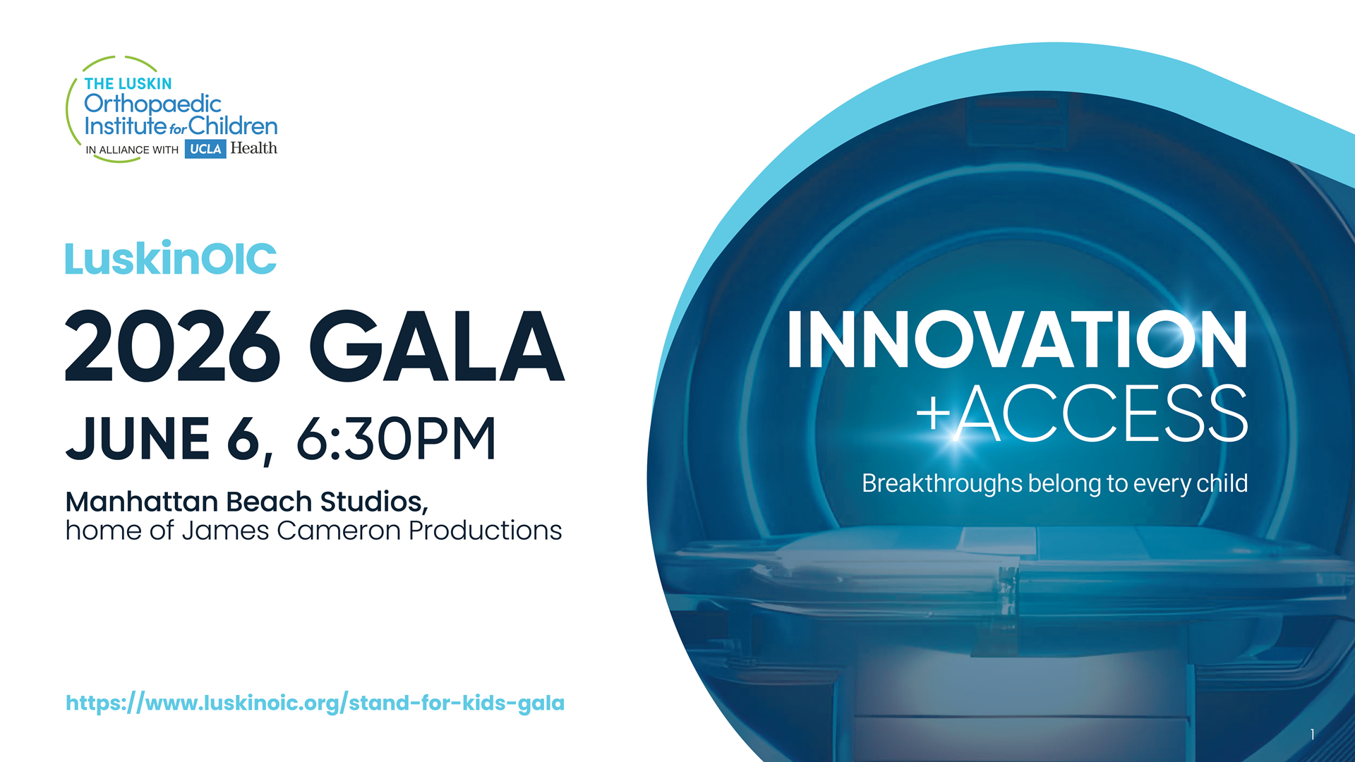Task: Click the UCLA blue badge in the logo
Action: pyautogui.click(x=205, y=149)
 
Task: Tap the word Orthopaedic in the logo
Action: pyautogui.click(x=152, y=104)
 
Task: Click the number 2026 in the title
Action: pyautogui.click(x=173, y=346)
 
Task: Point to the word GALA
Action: pyautogui.click(x=437, y=346)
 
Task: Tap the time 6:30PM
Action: pyautogui.click(x=396, y=438)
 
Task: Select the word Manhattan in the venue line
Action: pyautogui.click(x=141, y=502)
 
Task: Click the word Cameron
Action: pyautogui.click(x=339, y=531)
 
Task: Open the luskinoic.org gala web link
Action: pyautogui.click(x=315, y=703)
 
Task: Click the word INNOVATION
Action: pyautogui.click(x=1017, y=339)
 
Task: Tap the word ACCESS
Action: pyautogui.click(x=1102, y=414)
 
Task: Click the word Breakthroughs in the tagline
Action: pyautogui.click(x=941, y=483)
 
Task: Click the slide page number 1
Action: pyautogui.click(x=1312, y=734)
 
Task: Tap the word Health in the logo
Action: pyautogui.click(x=253, y=148)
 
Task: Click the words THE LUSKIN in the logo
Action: pyautogui.click(x=128, y=84)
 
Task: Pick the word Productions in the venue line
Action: pyautogui.click(x=486, y=531)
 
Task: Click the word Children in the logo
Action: pyautogui.click(x=233, y=126)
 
